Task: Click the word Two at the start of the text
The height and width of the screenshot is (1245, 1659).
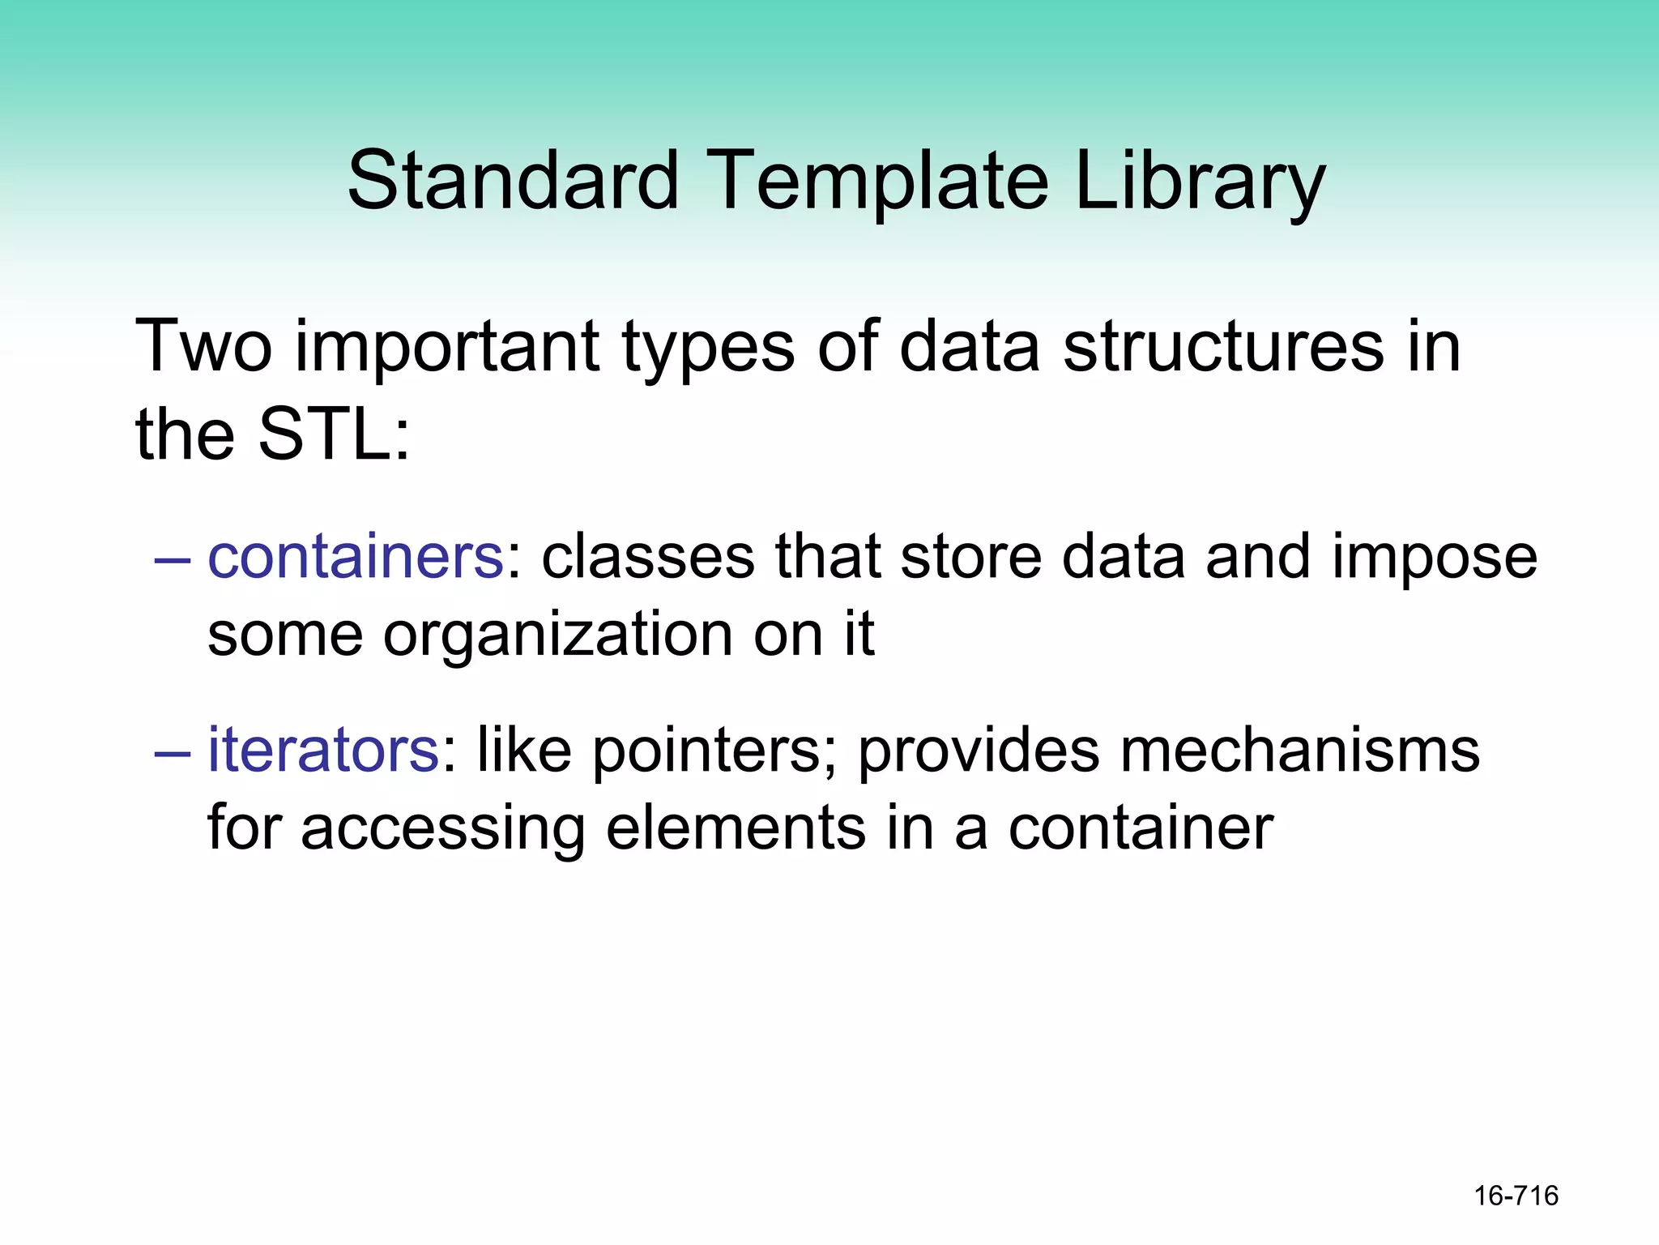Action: coord(203,347)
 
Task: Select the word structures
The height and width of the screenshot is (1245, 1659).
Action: coord(1223,347)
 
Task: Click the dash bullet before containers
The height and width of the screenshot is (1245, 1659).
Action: coord(173,560)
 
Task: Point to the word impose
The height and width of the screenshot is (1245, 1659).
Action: coord(1435,559)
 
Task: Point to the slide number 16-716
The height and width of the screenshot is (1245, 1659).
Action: coord(1516,1196)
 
